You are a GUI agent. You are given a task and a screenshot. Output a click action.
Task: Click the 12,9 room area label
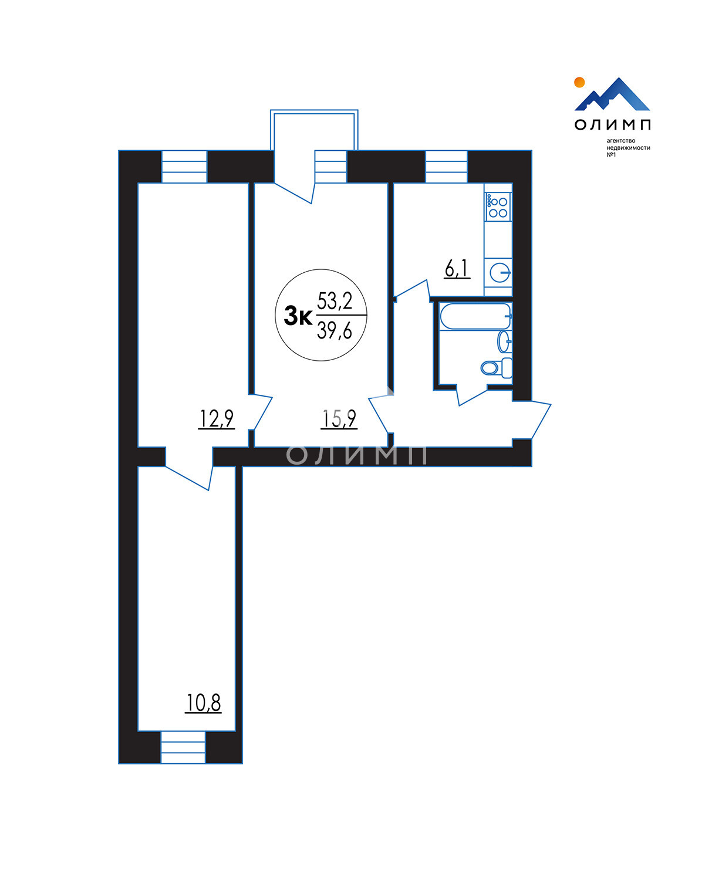coord(217,418)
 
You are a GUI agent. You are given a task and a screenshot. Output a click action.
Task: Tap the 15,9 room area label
coord(339,418)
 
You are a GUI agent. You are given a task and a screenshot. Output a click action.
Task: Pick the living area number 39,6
coord(335,330)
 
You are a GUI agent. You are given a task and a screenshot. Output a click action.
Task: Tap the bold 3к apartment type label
coord(298,316)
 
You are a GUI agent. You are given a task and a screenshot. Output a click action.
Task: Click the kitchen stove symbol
coord(498,207)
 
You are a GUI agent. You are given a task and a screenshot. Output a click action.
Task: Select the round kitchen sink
coord(500,273)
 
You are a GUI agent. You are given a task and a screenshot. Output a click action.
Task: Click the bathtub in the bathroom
coord(476,316)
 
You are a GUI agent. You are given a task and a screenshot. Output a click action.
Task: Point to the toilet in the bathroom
coord(497,367)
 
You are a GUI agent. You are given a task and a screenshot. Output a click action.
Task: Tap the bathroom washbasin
coord(505,341)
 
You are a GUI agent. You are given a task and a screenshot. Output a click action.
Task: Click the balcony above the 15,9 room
coord(314,130)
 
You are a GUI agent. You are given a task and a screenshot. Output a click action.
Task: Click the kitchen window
coord(446,167)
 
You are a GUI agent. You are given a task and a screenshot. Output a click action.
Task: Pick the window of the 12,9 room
coord(184,167)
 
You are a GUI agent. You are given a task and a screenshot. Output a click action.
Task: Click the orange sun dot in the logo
coord(579,82)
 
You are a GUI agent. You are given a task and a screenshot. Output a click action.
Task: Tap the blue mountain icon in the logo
coord(612,94)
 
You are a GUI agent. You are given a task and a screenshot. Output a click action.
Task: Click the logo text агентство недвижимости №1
coord(628,147)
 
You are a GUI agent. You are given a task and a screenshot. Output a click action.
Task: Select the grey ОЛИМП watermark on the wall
coord(357,455)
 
